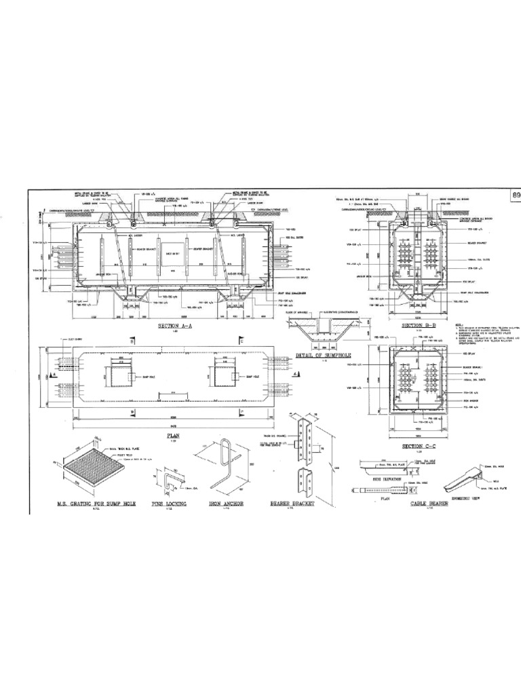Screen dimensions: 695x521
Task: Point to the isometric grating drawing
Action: (90, 471)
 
